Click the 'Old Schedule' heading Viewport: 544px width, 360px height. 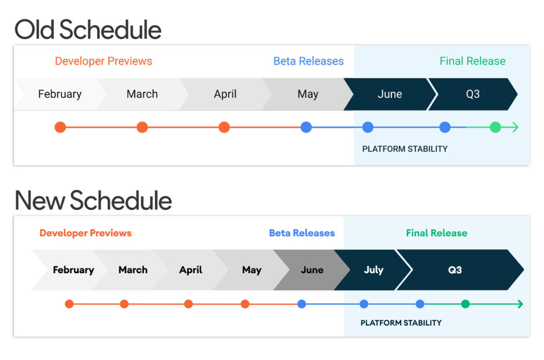(x=88, y=29)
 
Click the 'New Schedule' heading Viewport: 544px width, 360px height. (x=93, y=201)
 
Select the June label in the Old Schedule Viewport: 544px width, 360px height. (x=390, y=94)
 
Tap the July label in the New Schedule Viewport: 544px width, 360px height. (x=374, y=270)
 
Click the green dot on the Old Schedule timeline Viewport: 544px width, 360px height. (x=495, y=127)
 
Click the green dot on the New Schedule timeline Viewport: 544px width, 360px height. (x=465, y=304)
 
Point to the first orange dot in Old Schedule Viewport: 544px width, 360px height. (x=61, y=127)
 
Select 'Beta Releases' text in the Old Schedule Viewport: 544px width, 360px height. (x=309, y=61)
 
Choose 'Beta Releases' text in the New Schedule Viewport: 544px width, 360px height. (x=302, y=233)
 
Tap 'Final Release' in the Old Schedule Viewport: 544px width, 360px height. (x=472, y=61)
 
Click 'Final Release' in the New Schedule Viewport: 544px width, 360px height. (x=436, y=233)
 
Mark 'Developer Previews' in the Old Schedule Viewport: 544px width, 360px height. (x=103, y=61)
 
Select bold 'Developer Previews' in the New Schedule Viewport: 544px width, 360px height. (x=85, y=233)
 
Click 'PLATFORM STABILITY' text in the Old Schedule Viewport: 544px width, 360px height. (x=405, y=149)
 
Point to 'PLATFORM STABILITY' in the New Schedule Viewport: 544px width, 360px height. (x=401, y=323)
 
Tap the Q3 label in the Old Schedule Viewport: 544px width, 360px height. (x=472, y=94)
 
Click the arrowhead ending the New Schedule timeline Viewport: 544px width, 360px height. (x=520, y=304)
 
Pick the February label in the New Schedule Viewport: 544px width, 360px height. (x=73, y=270)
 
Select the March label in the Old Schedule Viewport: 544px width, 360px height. (x=142, y=94)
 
